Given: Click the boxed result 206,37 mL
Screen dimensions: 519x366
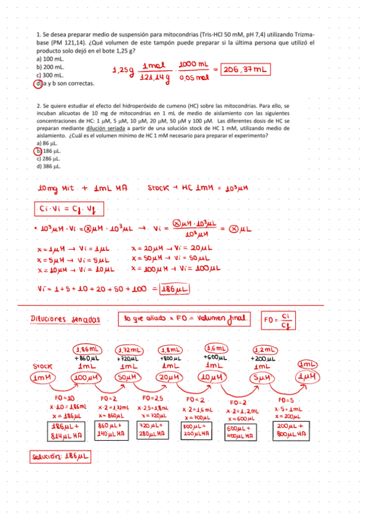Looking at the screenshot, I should pyautogui.click(x=244, y=70).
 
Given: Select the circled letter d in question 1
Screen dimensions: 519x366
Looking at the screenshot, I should pyautogui.click(x=38, y=84).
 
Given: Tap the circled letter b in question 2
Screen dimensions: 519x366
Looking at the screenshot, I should pyautogui.click(x=38, y=151).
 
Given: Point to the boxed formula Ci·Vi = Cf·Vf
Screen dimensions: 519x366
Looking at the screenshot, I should pyautogui.click(x=68, y=209).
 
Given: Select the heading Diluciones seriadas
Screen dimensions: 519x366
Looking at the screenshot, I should pyautogui.click(x=65, y=319).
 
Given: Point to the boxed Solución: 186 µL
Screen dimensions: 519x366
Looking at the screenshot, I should pyautogui.click(x=60, y=457).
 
